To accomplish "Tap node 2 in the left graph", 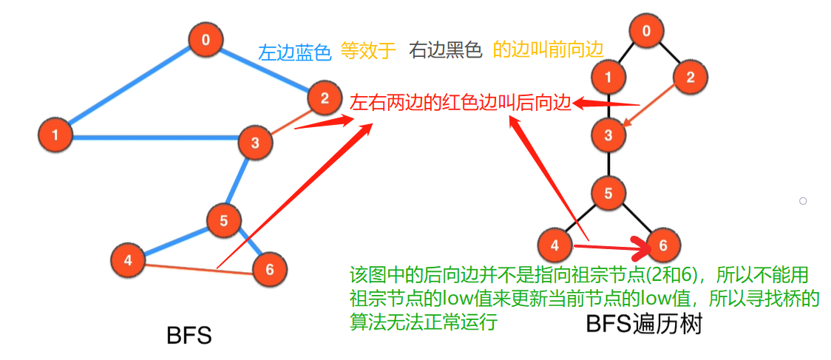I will coord(323,97).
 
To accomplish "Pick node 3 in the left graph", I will coord(255,143).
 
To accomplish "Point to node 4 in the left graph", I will coord(128,259).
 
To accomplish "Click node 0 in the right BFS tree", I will coord(647,31).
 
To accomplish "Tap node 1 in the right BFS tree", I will coord(608,76).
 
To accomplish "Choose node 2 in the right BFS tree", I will coord(691,76).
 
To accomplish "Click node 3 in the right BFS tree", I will coord(608,135).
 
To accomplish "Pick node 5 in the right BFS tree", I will coord(608,194).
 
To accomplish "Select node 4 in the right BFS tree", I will coord(555,242).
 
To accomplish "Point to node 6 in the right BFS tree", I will coord(662,245).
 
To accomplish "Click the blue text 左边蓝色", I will coord(294,52).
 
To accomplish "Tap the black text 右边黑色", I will coord(445,50).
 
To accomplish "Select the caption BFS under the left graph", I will coord(189,336).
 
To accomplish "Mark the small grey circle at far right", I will coord(802,200).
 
